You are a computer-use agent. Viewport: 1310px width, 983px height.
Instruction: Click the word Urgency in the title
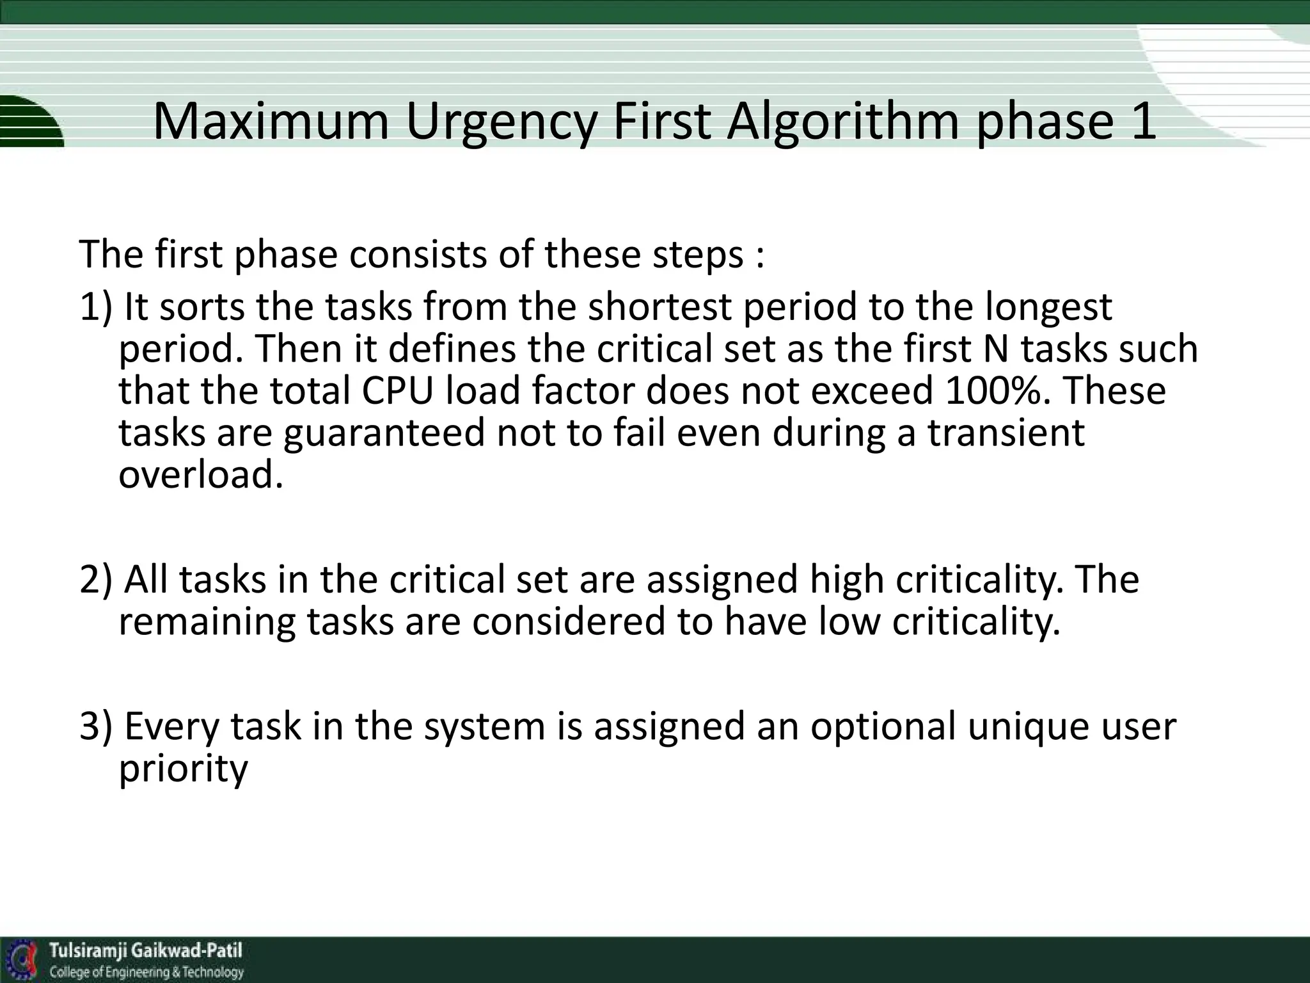coord(501,122)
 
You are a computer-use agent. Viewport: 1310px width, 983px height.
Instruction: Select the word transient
coord(1006,433)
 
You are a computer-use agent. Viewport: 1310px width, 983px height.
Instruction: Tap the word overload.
coord(201,475)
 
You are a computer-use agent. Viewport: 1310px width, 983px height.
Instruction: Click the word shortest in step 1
coord(659,307)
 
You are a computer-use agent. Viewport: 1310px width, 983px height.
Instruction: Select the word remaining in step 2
coord(207,622)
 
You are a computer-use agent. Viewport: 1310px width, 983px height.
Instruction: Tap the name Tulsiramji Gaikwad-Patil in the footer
coord(146,950)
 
